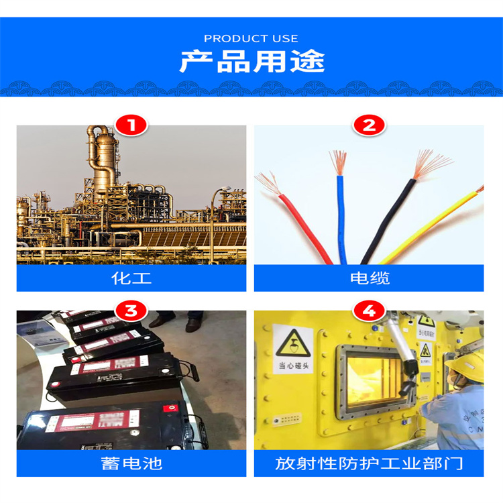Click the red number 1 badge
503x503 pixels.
point(131,125)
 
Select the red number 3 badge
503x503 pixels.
point(131,311)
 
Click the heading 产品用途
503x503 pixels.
point(251,62)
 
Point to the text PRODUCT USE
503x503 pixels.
point(251,38)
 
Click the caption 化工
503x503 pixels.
point(131,278)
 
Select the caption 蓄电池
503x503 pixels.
point(131,463)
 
